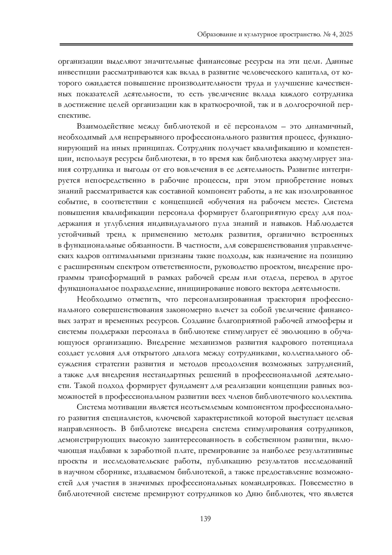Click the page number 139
[x=205, y=518]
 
